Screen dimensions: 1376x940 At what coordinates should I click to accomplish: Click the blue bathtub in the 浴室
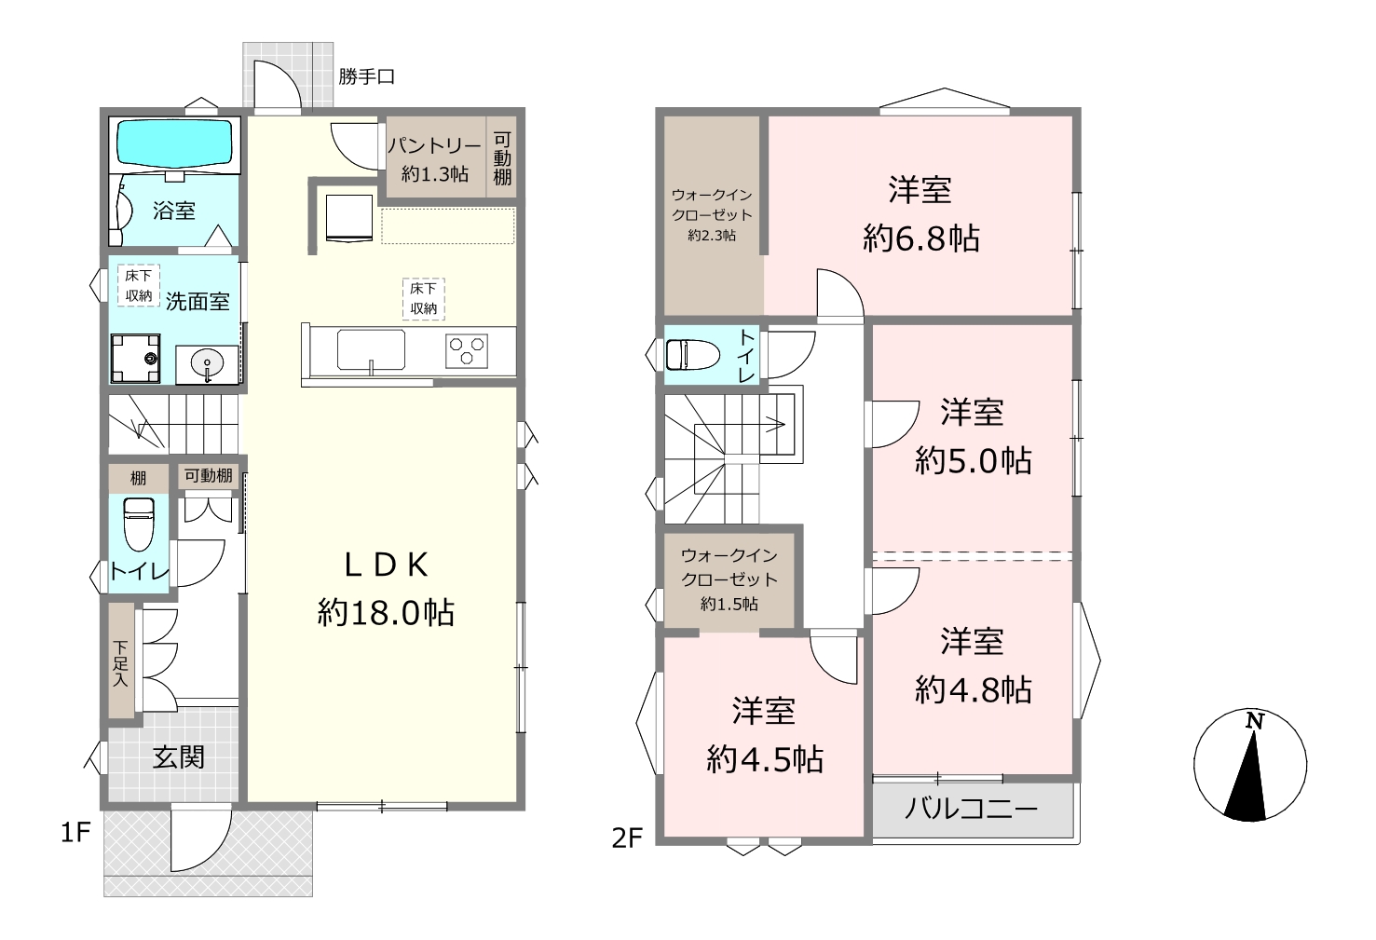coord(175,143)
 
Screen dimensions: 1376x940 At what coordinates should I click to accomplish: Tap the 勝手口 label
coord(366,76)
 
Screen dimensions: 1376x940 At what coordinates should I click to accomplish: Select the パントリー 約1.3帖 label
coord(434,159)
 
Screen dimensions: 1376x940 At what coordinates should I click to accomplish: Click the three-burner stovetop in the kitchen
coord(466,351)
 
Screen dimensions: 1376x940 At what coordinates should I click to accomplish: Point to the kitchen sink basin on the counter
coord(371,350)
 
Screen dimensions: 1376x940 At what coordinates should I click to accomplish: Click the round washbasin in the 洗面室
coord(208,365)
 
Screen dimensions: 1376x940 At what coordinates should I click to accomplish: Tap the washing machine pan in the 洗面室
coord(136,359)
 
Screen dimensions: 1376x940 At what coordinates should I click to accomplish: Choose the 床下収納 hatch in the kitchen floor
coord(424,299)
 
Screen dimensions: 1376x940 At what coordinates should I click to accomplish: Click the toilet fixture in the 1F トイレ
coord(139,524)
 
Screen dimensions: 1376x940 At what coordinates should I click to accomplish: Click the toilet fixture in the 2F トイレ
coord(693,355)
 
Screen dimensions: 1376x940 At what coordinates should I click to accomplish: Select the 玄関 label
coord(178,756)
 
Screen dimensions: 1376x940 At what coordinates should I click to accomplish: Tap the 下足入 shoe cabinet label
coord(120,663)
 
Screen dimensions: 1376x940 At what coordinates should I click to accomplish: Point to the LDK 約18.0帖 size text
coord(386,589)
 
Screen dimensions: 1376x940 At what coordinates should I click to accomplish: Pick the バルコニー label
coord(971,809)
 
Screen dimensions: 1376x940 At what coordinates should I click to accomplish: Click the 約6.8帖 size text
coord(920,238)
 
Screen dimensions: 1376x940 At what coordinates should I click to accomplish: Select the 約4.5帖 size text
coord(765,759)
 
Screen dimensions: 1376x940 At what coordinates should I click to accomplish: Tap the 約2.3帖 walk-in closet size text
coord(712,236)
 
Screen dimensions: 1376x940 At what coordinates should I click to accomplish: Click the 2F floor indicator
coord(627,838)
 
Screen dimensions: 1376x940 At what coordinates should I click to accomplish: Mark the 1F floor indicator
coord(76,833)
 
